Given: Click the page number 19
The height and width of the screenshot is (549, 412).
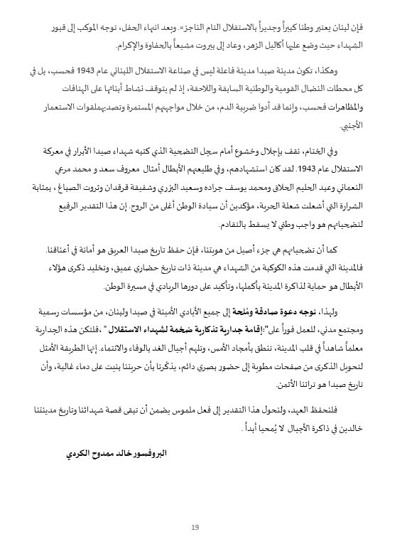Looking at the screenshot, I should click(195, 528).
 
